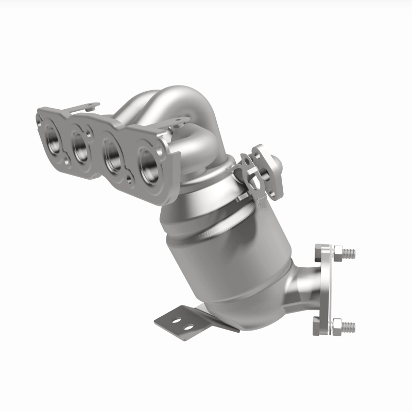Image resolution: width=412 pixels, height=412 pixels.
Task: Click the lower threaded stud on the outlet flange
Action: tap(349, 325)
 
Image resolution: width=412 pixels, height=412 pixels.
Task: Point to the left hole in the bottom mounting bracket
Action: tap(173, 320)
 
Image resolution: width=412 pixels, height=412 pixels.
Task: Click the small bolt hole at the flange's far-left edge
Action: tap(39, 120)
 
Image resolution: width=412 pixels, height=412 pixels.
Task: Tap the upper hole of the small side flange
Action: tap(256, 154)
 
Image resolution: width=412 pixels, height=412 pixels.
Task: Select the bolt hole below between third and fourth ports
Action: tap(131, 178)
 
